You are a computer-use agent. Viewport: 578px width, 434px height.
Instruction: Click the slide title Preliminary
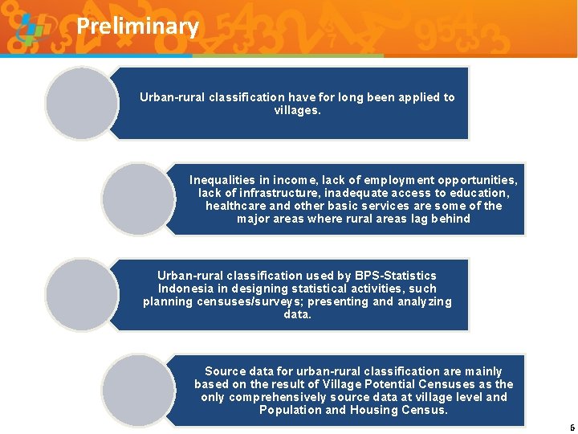pyautogui.click(x=137, y=27)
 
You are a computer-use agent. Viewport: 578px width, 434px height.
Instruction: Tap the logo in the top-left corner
pyautogui.click(x=31, y=31)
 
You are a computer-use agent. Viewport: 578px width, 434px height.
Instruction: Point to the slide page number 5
pyautogui.click(x=572, y=428)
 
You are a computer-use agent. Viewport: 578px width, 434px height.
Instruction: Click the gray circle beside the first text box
pyautogui.click(x=81, y=104)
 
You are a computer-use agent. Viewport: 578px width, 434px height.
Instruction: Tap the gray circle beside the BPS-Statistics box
pyautogui.click(x=81, y=294)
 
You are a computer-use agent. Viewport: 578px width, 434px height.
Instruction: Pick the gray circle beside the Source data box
pyautogui.click(x=137, y=390)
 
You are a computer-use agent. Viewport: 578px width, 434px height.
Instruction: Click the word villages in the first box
pyautogui.click(x=297, y=111)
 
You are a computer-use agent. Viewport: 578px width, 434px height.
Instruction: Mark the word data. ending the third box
pyautogui.click(x=297, y=314)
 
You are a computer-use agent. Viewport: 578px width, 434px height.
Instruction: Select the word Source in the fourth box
pyautogui.click(x=225, y=371)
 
